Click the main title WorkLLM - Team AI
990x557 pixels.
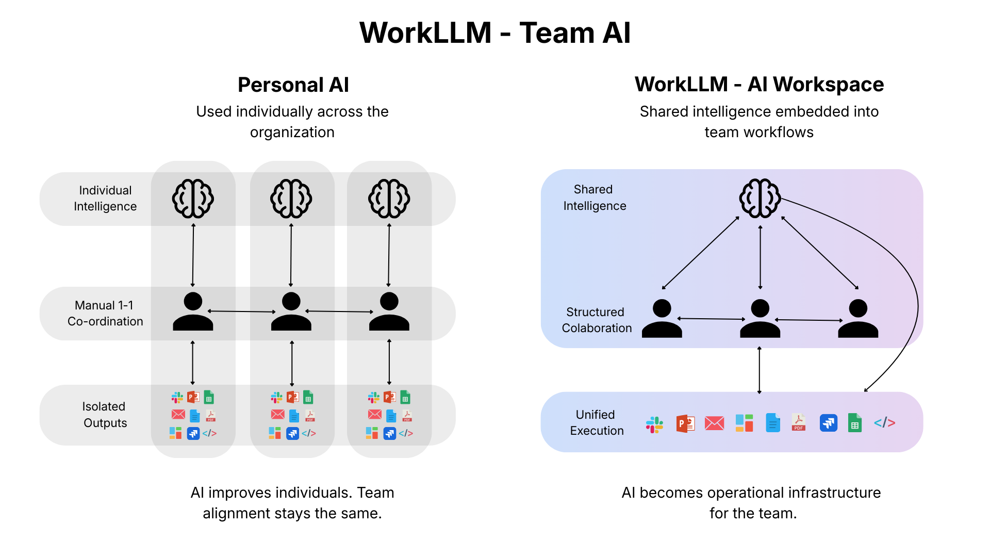(494, 33)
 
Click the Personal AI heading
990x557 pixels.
(293, 85)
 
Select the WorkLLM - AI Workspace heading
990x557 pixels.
(758, 84)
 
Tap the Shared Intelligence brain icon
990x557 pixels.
(760, 199)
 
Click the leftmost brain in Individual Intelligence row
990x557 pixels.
(193, 199)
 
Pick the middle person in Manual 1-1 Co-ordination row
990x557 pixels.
(291, 312)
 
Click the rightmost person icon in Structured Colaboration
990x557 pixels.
(857, 319)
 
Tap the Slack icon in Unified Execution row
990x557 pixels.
(654, 424)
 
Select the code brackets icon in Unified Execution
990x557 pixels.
(884, 423)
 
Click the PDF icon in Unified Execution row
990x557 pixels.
(799, 423)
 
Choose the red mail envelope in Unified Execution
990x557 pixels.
(714, 423)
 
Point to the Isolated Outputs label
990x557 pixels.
(105, 415)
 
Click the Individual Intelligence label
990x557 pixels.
(105, 199)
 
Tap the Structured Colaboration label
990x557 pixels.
(596, 320)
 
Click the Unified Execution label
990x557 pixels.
(596, 422)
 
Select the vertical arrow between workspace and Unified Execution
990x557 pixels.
(759, 370)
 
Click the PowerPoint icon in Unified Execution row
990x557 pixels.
(685, 423)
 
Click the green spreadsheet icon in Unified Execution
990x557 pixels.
(854, 423)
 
